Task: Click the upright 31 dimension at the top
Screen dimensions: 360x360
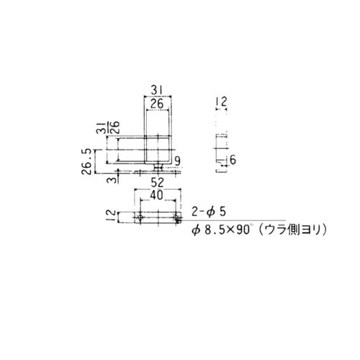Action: pyautogui.click(x=158, y=91)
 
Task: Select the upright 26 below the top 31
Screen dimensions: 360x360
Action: pyautogui.click(x=157, y=105)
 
